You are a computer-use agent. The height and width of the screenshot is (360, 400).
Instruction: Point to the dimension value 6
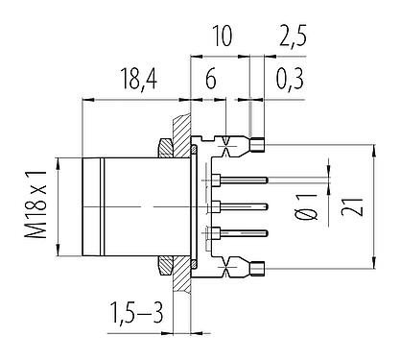coord(210,81)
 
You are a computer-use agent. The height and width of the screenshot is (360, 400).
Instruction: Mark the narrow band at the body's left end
coord(91,204)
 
